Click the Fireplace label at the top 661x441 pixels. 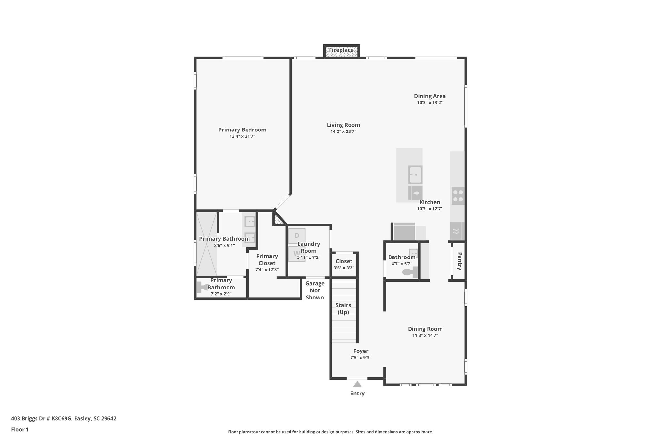341,50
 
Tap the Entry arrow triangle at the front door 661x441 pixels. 357,384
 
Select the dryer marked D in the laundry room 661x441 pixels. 297,236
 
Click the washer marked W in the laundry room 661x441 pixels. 296,254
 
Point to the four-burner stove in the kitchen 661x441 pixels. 458,195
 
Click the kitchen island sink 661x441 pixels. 415,175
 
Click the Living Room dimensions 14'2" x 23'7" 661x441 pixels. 343,131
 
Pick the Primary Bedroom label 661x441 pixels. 242,130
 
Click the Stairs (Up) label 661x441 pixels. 343,309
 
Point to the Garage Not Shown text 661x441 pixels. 315,290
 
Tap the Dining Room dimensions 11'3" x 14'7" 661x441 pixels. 425,335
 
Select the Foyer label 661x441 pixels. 361,351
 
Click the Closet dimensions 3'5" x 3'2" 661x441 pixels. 344,268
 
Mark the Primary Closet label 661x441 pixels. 267,259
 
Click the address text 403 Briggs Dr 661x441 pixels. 64,418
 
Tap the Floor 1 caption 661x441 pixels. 20,429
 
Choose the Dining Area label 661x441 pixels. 430,96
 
